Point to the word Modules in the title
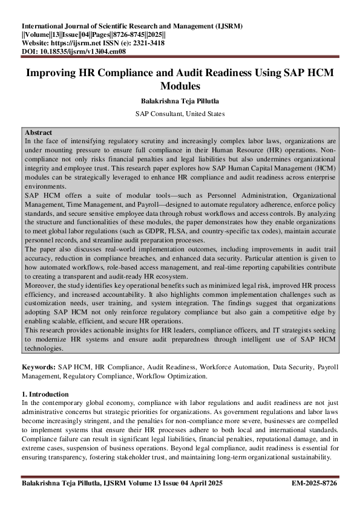coord(180,86)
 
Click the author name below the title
coord(180,101)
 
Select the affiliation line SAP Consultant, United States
coord(180,113)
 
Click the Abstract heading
coord(38,132)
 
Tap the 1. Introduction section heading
coord(48,394)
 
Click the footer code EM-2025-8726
coord(314,484)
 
